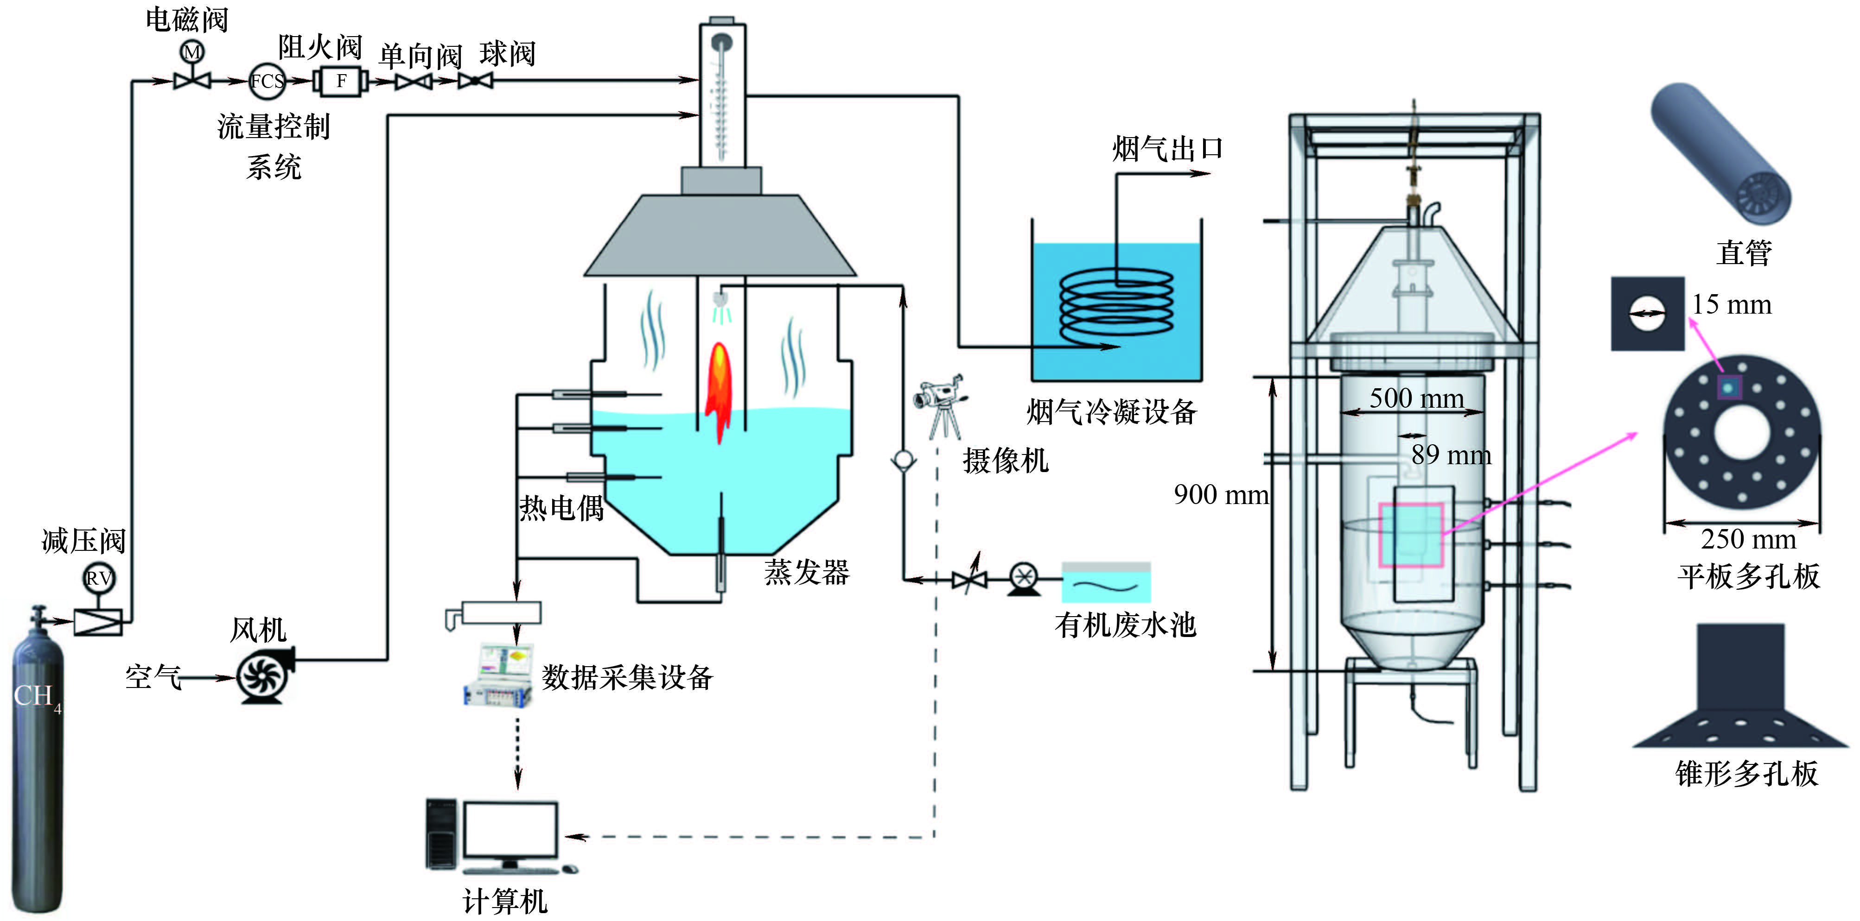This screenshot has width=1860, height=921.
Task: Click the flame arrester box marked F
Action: point(341,81)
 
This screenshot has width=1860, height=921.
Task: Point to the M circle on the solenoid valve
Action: point(192,52)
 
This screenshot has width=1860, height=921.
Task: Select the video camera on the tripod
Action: point(940,404)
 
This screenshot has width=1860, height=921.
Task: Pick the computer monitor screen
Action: point(510,829)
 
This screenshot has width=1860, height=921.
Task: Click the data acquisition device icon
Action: point(498,675)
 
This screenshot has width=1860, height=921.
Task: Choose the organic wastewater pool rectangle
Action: point(1105,582)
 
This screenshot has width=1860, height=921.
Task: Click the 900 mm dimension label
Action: point(1220,495)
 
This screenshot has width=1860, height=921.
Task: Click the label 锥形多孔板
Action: point(1746,774)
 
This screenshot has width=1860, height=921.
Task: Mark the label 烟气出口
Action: point(1167,150)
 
